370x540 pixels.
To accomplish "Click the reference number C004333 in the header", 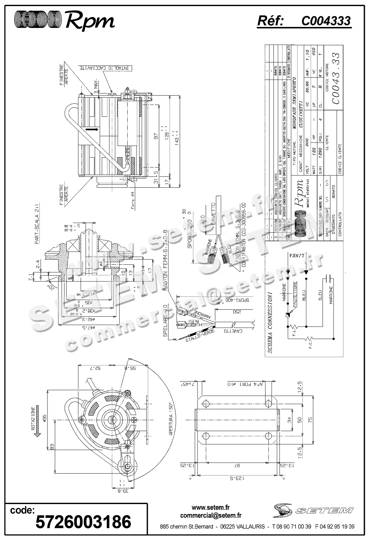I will tap(326, 21).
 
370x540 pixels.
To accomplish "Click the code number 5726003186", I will tap(83, 522).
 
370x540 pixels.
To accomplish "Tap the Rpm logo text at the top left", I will tap(90, 21).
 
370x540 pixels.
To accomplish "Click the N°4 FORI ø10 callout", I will tap(246, 384).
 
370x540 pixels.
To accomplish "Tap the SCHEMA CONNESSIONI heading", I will tap(270, 322).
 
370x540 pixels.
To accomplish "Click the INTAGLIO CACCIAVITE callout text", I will tap(104, 68).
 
